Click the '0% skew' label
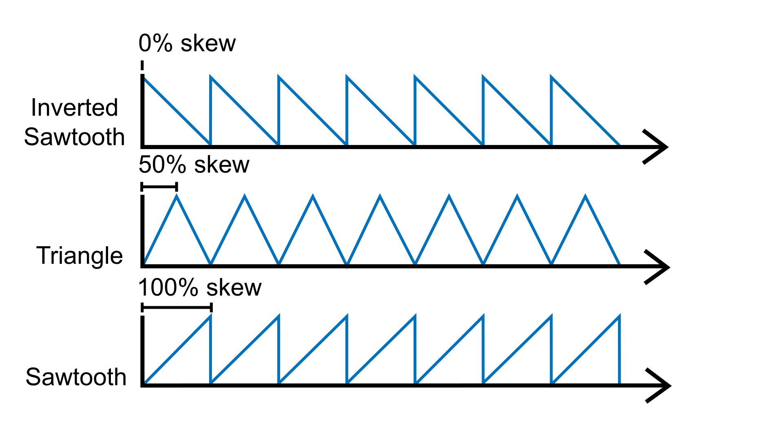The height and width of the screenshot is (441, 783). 187,43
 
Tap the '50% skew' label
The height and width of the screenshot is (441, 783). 194,165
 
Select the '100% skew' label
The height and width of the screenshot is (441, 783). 200,287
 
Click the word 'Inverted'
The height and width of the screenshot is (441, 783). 75,108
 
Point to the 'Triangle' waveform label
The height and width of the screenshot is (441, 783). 80,256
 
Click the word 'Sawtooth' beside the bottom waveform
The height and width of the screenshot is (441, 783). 76,376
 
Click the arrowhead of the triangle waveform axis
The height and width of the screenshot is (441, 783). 659,267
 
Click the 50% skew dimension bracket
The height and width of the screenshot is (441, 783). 159,187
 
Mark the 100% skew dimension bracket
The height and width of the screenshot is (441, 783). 177,307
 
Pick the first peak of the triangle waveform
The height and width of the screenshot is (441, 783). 177,196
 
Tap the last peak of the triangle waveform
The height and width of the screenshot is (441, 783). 585,196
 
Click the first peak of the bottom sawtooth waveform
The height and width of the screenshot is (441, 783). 210,317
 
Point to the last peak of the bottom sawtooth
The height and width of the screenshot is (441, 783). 619,317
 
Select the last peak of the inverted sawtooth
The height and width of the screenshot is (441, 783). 551,77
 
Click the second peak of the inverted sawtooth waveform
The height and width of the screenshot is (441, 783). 211,77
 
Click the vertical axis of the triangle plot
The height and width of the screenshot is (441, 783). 142,231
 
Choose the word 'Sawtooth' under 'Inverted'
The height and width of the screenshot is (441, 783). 75,137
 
